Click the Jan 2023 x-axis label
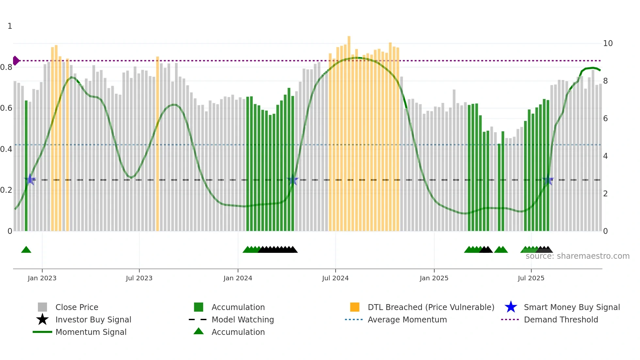point(42,278)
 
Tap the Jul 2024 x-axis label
point(335,278)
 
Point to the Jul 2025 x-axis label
point(531,278)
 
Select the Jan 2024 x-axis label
point(238,278)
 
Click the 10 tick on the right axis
point(608,43)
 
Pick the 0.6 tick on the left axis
point(6,108)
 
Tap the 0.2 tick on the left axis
point(6,190)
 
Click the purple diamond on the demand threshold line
point(16,61)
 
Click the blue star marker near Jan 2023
point(30,179)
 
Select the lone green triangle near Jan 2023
point(26,250)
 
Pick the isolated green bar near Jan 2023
point(26,163)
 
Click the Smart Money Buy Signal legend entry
point(571,307)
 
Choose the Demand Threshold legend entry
point(561,319)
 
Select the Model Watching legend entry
point(242,319)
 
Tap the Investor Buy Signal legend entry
point(93,319)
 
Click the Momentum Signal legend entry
point(91,332)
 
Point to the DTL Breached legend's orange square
point(355,307)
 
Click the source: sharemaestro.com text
point(577,256)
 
